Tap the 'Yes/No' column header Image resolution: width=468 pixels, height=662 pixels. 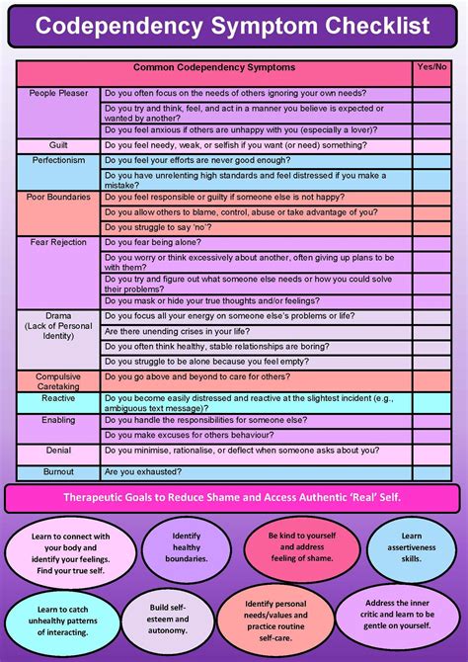[431, 67]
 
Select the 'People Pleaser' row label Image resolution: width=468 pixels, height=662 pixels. [58, 94]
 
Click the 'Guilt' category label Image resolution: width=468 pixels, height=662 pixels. [58, 144]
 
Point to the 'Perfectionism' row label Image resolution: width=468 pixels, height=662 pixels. [58, 160]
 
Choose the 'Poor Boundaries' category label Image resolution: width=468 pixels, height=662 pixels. [58, 197]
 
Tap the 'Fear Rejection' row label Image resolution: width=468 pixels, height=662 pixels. [58, 242]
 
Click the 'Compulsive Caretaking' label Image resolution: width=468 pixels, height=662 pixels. [58, 382]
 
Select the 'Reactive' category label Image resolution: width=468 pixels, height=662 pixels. [58, 399]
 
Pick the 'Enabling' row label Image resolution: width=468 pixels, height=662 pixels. [58, 420]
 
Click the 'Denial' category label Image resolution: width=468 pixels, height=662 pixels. [58, 451]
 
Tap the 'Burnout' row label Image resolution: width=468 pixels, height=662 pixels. [58, 472]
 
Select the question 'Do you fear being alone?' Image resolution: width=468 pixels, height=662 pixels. [165, 242]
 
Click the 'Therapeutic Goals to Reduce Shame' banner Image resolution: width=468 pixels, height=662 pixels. [233, 497]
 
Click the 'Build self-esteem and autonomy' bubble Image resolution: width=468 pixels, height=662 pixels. [170, 618]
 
